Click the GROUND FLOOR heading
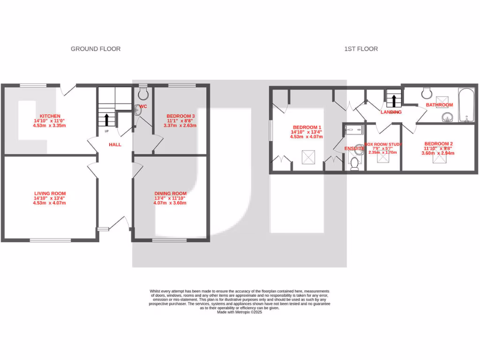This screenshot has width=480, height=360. [96, 49]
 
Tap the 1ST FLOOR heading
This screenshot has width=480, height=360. [361, 49]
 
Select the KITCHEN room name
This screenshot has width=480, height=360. [50, 116]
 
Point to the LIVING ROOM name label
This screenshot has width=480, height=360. [50, 193]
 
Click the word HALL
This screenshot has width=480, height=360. [115, 145]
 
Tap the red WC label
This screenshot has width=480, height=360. [143, 107]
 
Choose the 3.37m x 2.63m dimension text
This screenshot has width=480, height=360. [180, 126]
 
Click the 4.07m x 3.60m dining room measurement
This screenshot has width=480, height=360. [171, 203]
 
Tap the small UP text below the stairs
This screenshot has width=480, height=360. [100, 131]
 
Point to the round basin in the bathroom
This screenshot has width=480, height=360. [448, 117]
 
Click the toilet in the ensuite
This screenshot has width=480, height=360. [354, 163]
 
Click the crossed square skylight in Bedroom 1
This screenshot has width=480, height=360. [308, 157]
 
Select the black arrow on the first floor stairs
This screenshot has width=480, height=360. [394, 100]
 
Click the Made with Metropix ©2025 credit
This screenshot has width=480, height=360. [240, 312]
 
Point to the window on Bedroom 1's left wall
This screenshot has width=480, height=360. [270, 130]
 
